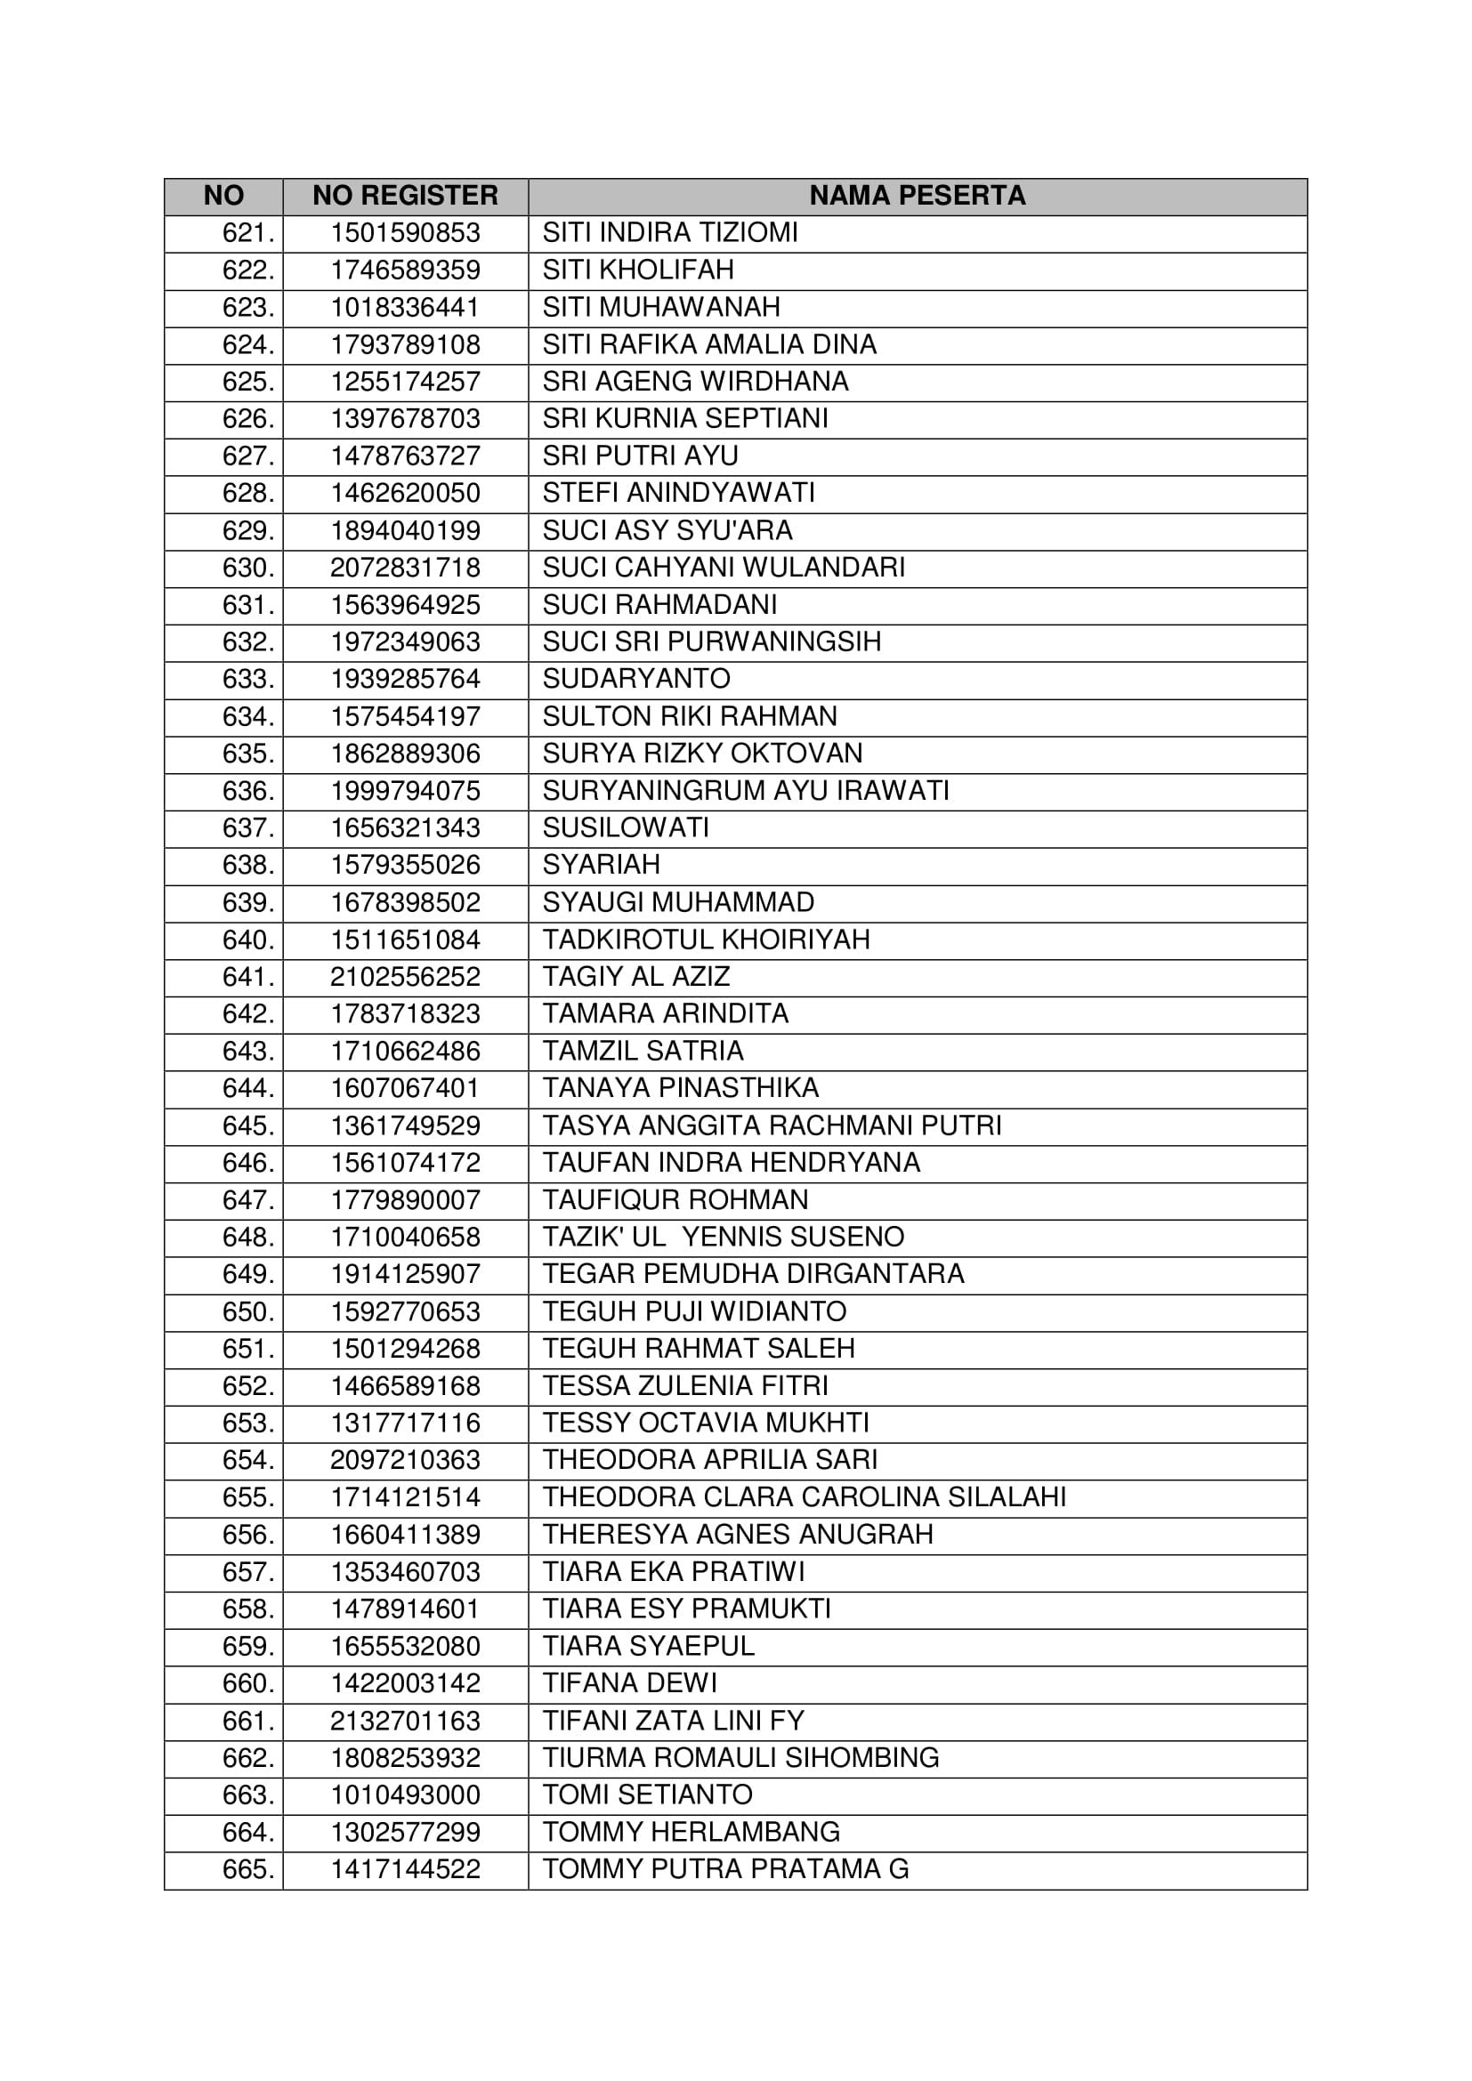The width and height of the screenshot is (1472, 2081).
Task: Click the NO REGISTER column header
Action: point(405,196)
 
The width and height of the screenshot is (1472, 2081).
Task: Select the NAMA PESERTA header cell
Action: point(917,196)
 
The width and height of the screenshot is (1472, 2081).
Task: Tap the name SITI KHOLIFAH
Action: point(638,270)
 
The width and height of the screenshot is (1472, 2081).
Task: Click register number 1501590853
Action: point(405,233)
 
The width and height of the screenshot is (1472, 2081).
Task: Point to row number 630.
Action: point(247,569)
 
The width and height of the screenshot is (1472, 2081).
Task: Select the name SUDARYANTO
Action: point(636,679)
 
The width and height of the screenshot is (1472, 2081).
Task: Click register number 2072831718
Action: point(405,569)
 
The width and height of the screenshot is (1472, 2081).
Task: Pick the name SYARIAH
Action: point(601,865)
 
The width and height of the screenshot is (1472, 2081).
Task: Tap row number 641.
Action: point(247,977)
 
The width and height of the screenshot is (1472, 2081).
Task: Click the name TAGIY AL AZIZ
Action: point(636,977)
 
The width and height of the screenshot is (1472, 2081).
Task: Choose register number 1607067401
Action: point(405,1088)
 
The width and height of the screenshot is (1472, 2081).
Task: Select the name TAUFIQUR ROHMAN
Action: point(675,1200)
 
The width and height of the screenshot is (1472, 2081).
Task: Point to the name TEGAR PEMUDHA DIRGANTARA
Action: point(753,1274)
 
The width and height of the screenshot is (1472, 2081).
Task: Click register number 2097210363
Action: point(405,1460)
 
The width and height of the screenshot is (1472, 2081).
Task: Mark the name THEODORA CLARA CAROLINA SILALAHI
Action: point(804,1497)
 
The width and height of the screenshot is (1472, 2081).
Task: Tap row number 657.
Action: point(247,1571)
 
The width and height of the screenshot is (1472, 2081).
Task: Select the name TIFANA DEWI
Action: point(630,1683)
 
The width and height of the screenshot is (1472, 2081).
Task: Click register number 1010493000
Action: point(405,1795)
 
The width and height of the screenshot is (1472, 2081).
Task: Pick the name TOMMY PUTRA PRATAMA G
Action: point(725,1869)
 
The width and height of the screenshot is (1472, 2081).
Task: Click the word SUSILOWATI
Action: point(626,827)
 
